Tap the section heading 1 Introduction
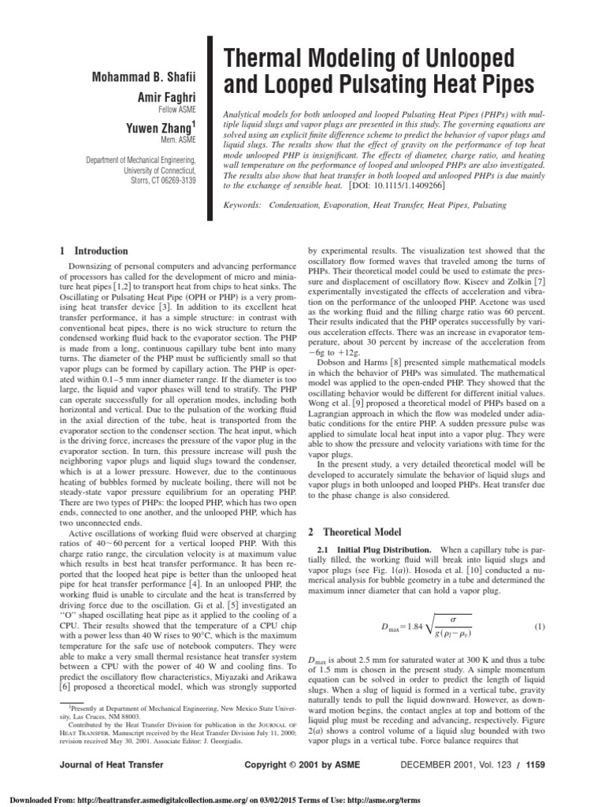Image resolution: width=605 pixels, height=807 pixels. point(94,251)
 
